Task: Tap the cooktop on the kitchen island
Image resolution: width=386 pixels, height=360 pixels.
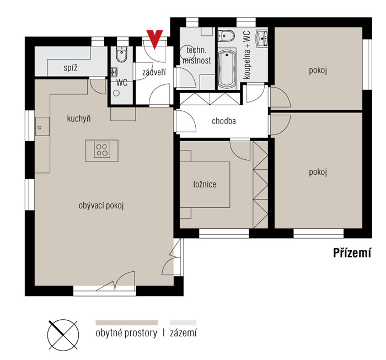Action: [102, 150]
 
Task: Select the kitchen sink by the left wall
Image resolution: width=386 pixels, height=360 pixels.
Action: [42, 126]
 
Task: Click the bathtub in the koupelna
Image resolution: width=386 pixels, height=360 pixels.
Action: [227, 68]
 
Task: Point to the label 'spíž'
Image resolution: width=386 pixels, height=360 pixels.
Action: [71, 68]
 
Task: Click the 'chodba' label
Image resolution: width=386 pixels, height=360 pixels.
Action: [224, 121]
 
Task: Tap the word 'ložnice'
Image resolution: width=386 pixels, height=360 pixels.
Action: [205, 184]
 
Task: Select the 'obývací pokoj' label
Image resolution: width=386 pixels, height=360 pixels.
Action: [101, 206]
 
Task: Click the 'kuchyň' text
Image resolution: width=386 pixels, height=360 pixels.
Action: [79, 119]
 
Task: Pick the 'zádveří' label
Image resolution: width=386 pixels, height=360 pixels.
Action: [154, 72]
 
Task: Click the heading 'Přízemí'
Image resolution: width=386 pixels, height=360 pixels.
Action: [352, 252]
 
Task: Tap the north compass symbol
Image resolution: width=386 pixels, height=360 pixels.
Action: [63, 335]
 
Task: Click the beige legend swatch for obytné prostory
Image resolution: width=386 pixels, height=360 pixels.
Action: [127, 323]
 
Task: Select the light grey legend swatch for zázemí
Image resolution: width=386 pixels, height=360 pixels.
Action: [183, 323]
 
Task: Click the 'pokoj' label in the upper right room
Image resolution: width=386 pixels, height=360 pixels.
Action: [318, 71]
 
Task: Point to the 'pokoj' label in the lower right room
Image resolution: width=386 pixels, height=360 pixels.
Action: [318, 172]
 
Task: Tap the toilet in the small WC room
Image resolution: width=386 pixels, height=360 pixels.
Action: [121, 54]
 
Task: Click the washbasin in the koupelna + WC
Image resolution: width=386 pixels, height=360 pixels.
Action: [262, 39]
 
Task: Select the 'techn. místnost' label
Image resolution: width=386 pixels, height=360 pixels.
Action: [197, 55]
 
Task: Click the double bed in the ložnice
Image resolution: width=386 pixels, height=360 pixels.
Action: [205, 185]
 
